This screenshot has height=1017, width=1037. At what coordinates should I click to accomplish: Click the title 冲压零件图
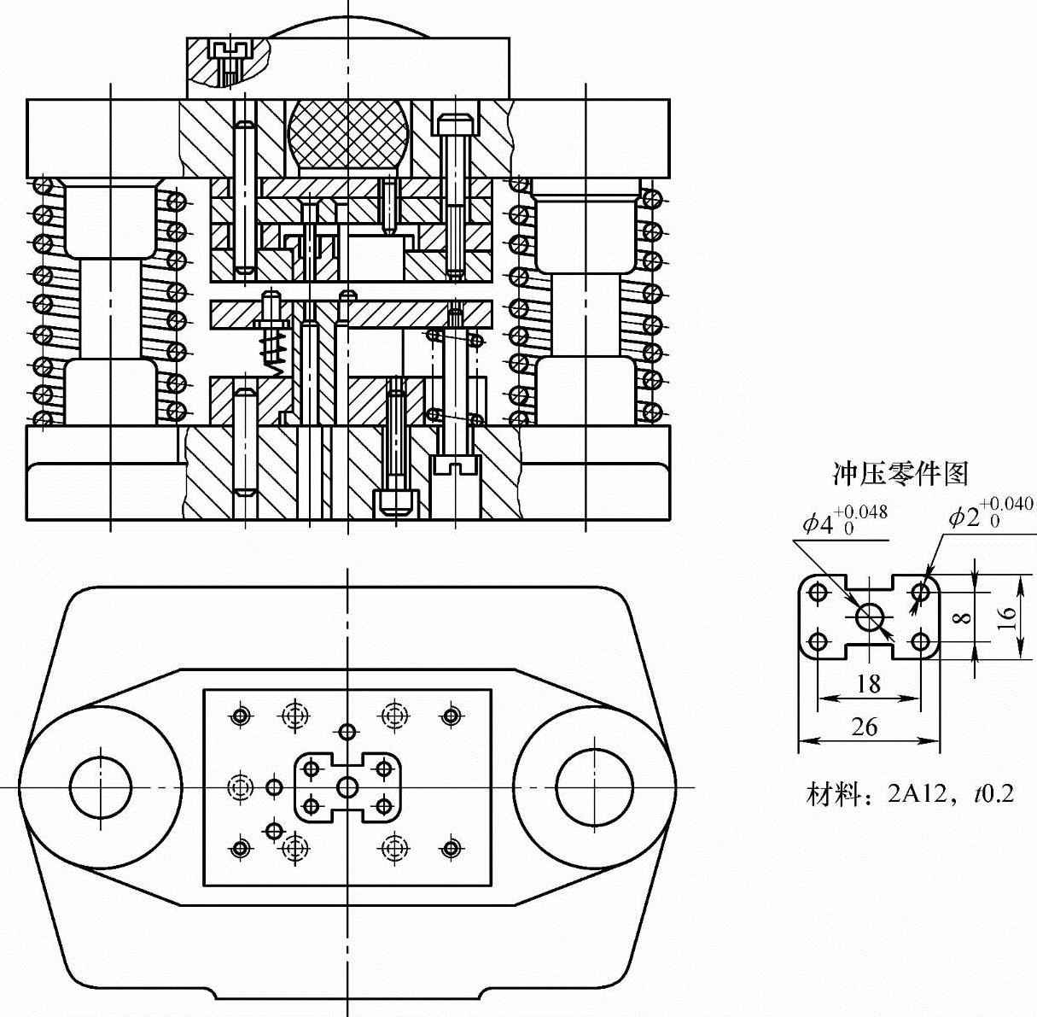900,473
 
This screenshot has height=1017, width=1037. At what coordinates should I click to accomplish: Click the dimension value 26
865,727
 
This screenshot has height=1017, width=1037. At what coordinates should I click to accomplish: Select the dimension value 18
869,684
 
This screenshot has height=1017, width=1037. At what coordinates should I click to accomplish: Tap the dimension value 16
1006,618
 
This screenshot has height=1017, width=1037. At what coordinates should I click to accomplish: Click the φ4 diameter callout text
844,520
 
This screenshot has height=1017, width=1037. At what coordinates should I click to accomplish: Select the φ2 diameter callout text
990,515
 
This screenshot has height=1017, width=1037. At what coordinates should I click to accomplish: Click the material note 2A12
916,793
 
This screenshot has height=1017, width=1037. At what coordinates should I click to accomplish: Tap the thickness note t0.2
994,793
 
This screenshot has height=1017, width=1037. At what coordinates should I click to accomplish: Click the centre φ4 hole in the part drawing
870,617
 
